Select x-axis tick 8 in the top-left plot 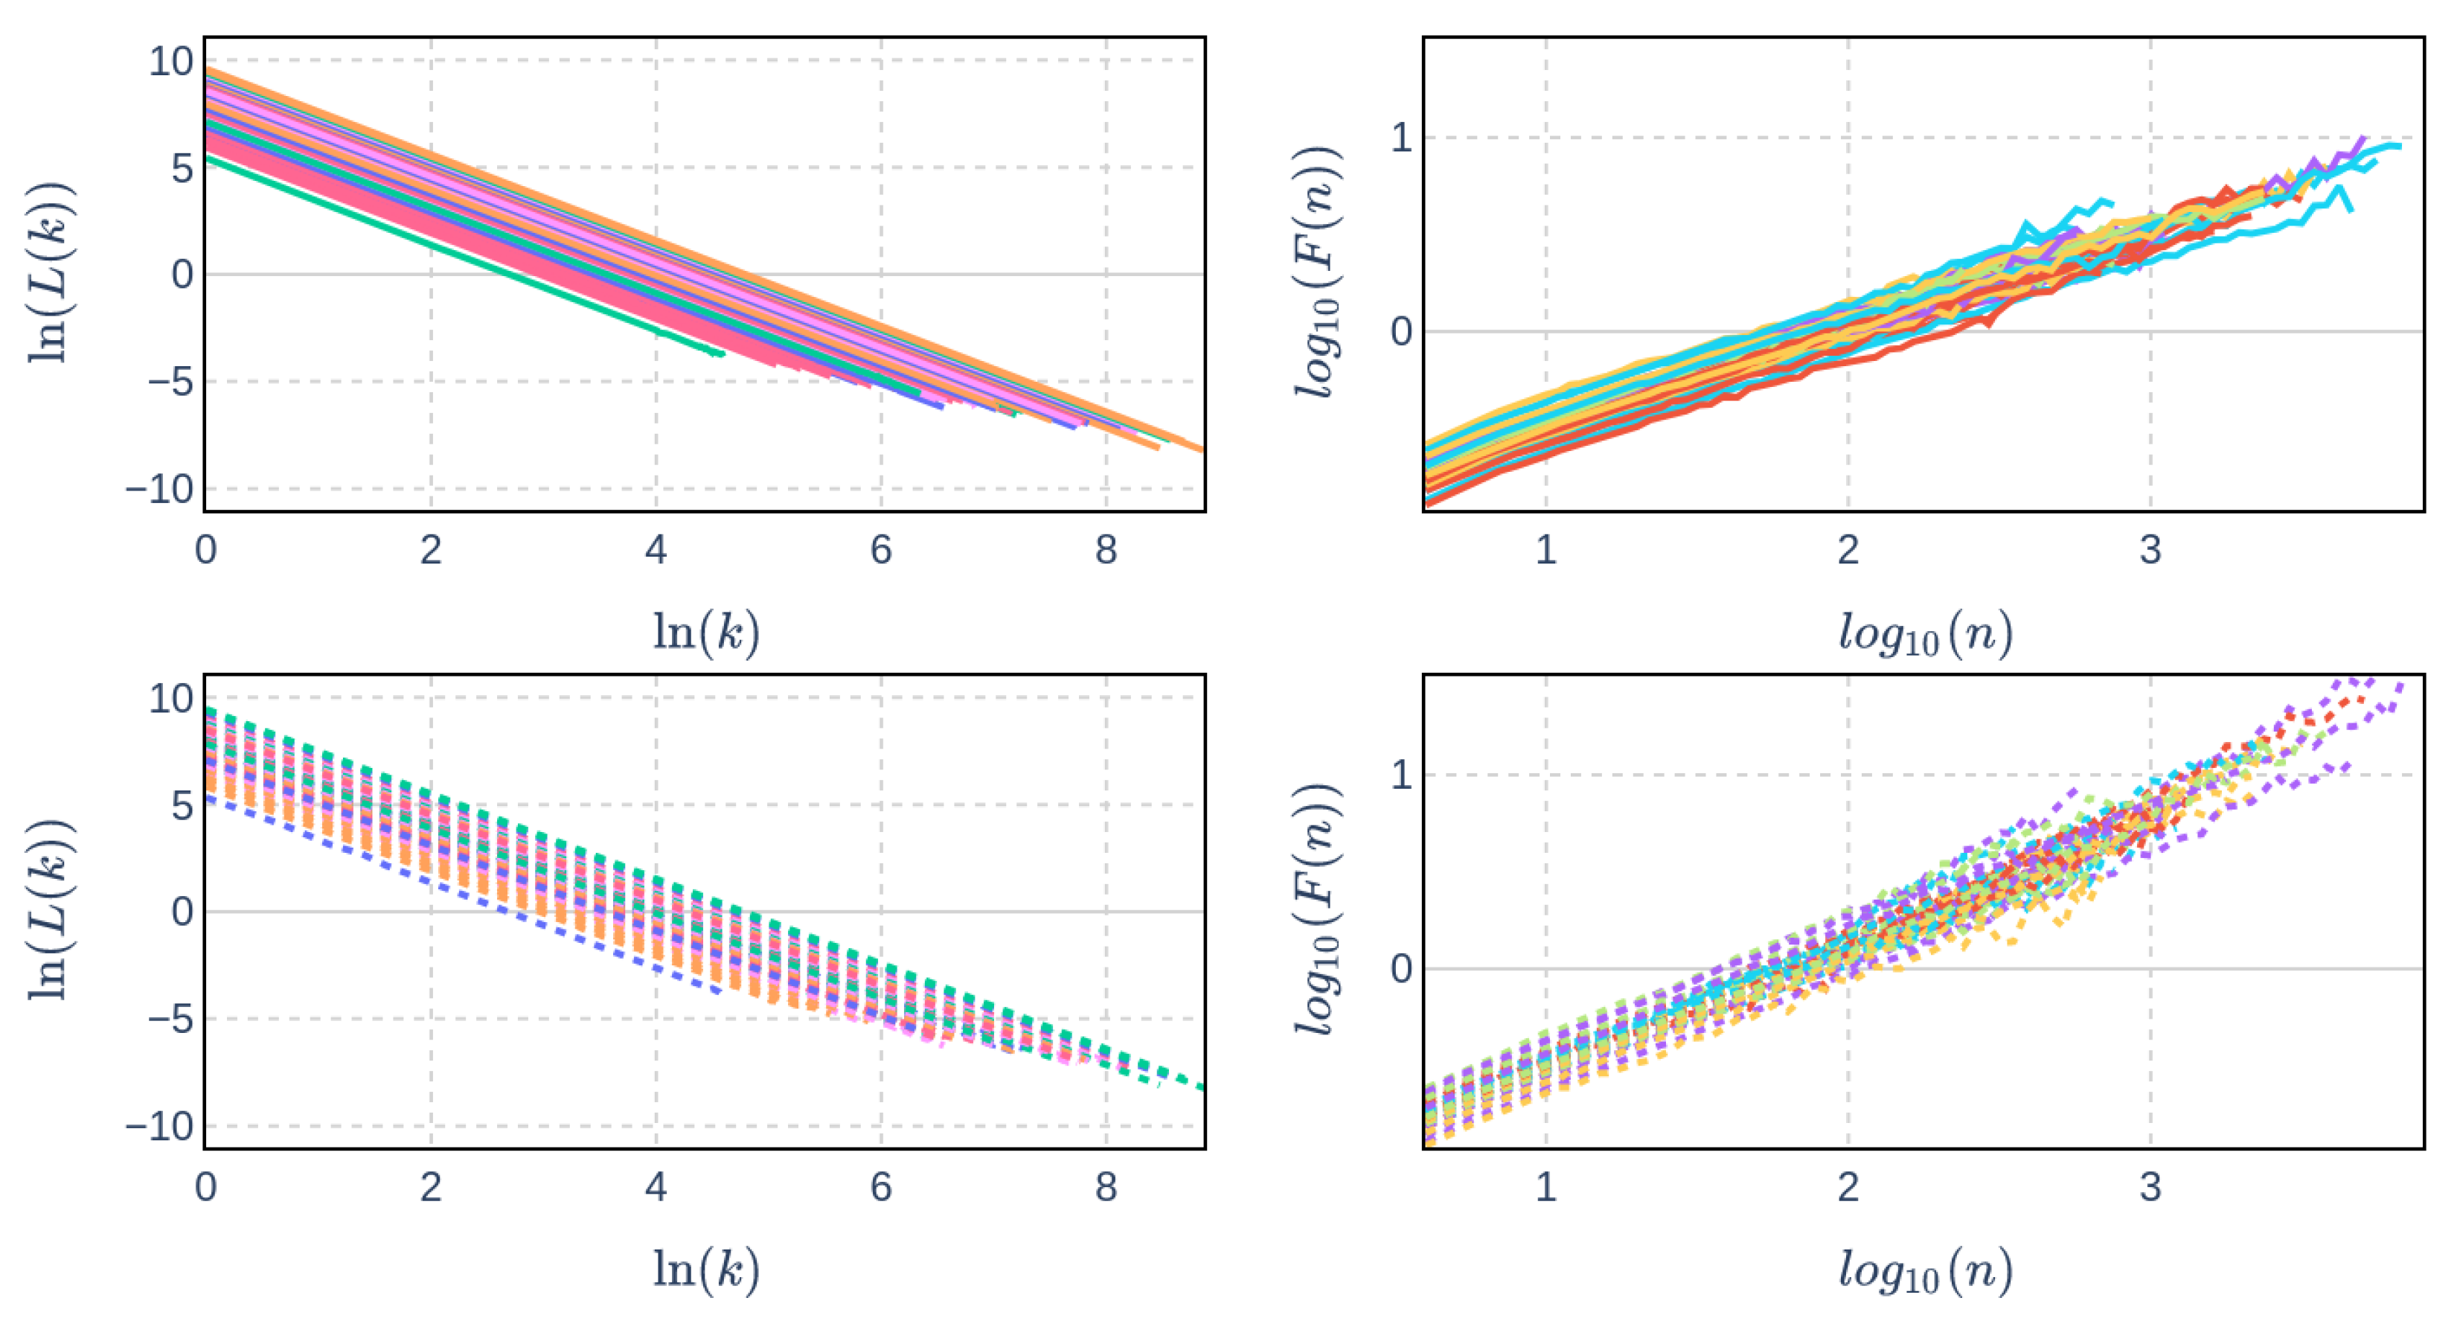[1106, 550]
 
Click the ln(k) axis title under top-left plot [706, 631]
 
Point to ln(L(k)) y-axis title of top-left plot [48, 274]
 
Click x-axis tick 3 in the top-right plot [2150, 550]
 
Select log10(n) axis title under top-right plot [1925, 633]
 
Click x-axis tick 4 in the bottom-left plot [656, 1187]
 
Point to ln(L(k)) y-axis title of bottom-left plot [48, 911]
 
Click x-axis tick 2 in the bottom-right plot [1848, 1187]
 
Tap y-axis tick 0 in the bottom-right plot [1400, 969]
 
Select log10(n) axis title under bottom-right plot [1925, 1270]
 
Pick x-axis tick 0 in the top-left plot [205, 550]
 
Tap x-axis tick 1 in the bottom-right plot [1546, 1187]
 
